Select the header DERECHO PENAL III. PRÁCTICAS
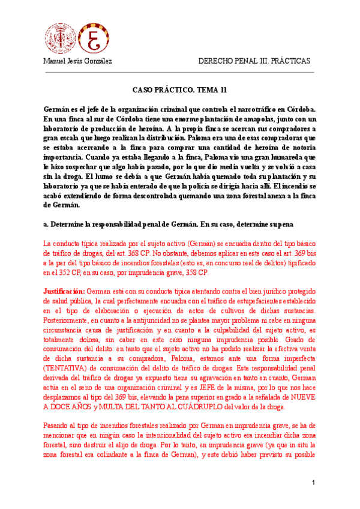point(254,61)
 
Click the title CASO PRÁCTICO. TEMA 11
point(179,90)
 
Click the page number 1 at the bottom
point(313,484)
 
